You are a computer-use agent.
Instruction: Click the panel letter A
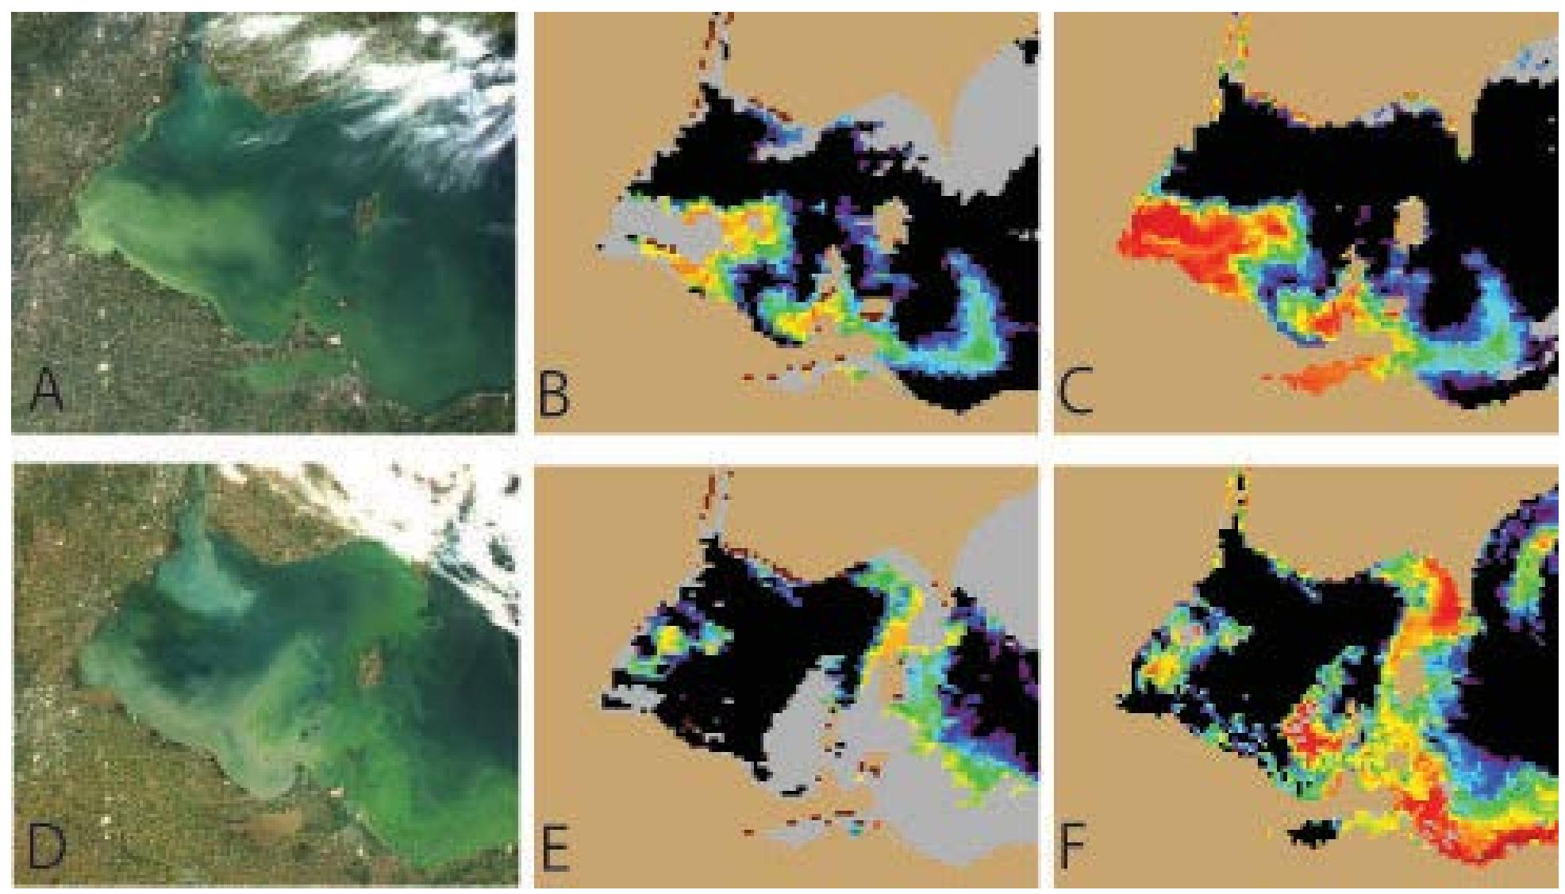pyautogui.click(x=46, y=393)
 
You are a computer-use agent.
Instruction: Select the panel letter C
pyautogui.click(x=1075, y=394)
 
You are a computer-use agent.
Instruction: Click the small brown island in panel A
pyautogui.click(x=366, y=212)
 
